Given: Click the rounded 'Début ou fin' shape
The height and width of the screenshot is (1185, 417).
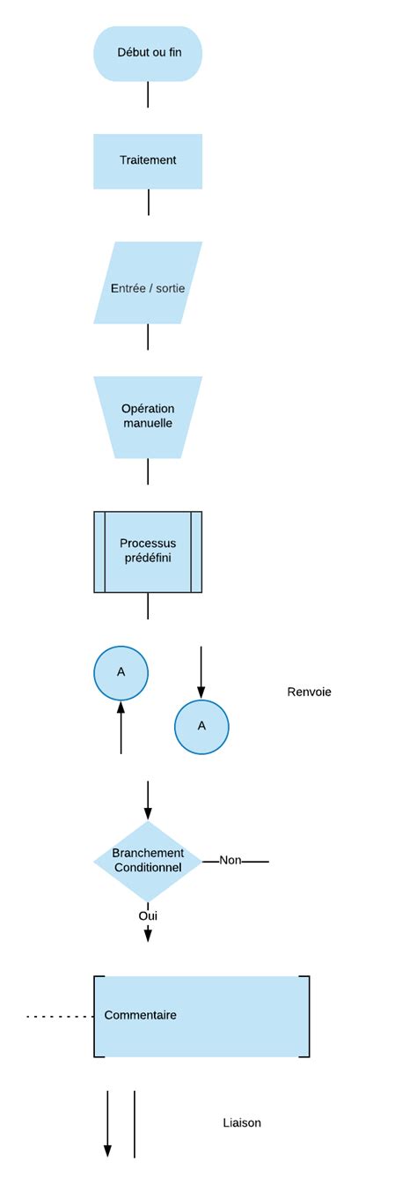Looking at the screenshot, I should coord(148,54).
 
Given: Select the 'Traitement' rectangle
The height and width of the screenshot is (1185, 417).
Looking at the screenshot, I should coord(148,161).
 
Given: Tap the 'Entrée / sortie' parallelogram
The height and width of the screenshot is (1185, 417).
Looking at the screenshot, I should coord(148,283).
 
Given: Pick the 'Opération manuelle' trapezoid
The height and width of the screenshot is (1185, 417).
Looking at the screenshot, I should coord(148,417).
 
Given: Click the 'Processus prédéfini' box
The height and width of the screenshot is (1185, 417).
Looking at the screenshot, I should coord(148,552).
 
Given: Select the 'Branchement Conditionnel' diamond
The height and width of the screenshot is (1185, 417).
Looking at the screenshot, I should coord(148,861).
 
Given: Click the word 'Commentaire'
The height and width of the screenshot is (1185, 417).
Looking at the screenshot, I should coord(141,1015).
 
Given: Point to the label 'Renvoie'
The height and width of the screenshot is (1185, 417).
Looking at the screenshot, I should coord(309,692).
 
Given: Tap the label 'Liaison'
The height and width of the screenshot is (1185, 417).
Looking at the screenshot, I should coord(242,1122).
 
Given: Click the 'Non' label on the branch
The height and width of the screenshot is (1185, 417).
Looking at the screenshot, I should coord(230,860).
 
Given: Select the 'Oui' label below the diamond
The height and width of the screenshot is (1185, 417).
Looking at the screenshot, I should coord(148,916).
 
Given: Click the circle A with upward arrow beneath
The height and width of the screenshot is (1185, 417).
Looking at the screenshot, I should coord(121,673).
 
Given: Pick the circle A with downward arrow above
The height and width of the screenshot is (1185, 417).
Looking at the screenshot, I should coord(201,727).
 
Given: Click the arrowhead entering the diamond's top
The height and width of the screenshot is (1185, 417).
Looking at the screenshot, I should coord(148,814).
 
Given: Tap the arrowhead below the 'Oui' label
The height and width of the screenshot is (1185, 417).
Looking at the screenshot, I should coord(148,935).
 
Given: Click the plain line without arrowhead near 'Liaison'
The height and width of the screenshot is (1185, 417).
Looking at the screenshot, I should coord(135,1123).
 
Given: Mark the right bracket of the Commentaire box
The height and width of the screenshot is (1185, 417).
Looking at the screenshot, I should coord(308,1016).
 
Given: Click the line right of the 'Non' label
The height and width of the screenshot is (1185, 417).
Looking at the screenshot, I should coord(255,861).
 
